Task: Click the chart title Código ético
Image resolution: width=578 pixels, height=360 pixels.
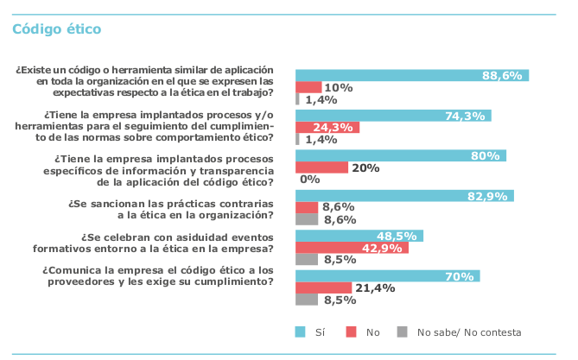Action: (x=56, y=28)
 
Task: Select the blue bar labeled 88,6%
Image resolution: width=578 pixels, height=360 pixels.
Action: (x=411, y=75)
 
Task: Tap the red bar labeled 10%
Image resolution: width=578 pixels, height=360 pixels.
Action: (x=308, y=87)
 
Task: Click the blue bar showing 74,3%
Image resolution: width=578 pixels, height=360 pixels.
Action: (x=393, y=116)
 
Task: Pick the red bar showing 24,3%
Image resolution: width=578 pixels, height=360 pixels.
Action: (x=327, y=128)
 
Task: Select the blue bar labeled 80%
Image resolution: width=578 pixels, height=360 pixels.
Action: (x=400, y=156)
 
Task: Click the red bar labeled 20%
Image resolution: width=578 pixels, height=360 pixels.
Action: (x=321, y=167)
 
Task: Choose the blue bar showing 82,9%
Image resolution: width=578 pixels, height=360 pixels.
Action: (x=404, y=196)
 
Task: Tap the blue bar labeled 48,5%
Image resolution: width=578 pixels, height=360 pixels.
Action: (x=359, y=236)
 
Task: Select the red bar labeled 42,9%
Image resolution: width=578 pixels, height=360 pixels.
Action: (x=352, y=248)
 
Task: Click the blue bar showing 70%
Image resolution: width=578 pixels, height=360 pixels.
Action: (x=387, y=276)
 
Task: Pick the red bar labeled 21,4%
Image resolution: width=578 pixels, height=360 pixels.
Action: (x=323, y=287)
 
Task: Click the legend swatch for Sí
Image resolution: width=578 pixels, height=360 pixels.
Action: (x=301, y=332)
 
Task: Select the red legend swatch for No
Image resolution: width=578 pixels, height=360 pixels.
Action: (x=351, y=332)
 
